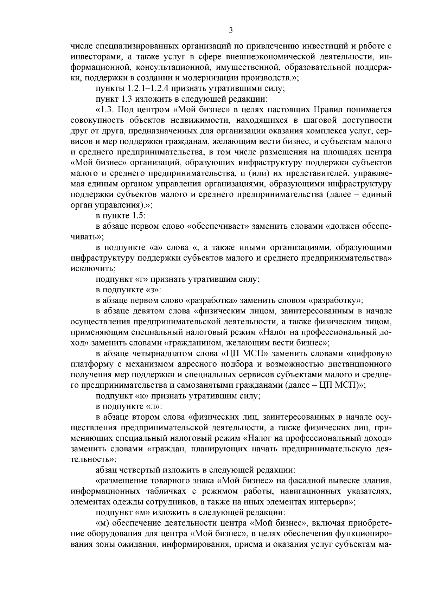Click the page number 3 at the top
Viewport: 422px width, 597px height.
[x=231, y=31]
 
